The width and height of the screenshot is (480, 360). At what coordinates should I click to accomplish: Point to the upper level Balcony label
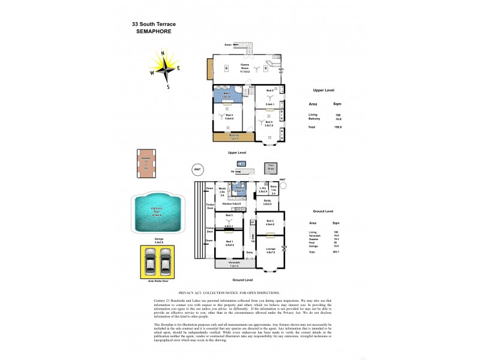(x=234, y=136)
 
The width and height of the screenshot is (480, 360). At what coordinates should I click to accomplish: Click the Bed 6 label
(x=269, y=90)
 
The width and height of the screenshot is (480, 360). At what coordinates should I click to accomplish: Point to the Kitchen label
(x=232, y=203)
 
